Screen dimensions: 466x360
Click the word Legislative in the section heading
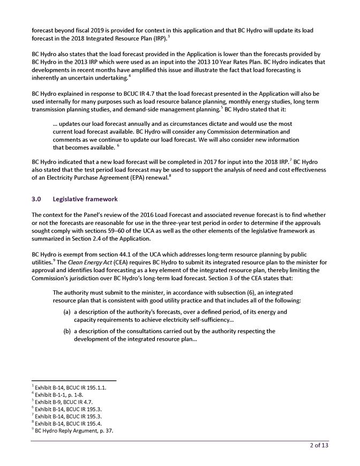coord(70,199)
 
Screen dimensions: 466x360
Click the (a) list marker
coord(67,311)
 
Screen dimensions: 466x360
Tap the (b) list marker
coord(67,331)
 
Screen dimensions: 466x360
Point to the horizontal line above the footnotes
coord(74,381)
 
